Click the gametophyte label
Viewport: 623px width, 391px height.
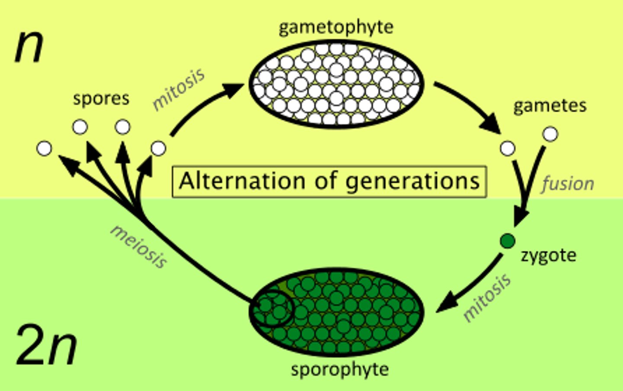click(x=336, y=27)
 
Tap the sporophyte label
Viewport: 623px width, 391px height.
click(x=340, y=370)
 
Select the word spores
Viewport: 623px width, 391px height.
click(x=101, y=99)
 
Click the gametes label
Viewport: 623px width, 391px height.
click(x=549, y=106)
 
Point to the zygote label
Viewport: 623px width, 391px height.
click(x=548, y=255)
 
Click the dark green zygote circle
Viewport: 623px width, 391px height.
click(x=507, y=240)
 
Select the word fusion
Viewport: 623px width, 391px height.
click(x=568, y=184)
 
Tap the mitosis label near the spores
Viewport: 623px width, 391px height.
click(x=178, y=90)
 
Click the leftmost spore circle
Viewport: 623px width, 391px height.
click(x=44, y=148)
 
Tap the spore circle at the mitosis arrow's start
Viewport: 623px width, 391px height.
click(x=158, y=148)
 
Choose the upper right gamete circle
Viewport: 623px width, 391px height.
click(x=550, y=134)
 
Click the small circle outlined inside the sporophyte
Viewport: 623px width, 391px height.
click(x=272, y=308)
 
